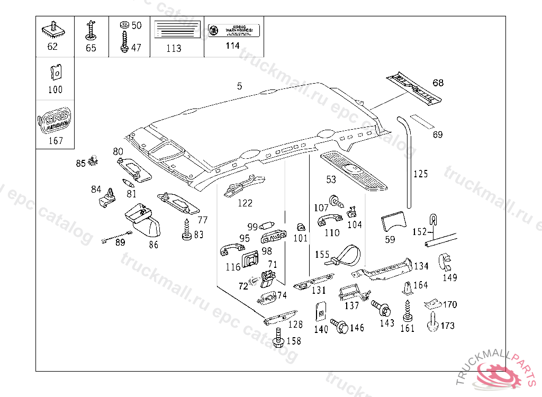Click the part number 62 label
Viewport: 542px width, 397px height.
coord(52,47)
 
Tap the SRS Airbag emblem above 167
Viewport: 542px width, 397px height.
coord(55,121)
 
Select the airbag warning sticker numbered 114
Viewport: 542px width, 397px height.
coord(233,30)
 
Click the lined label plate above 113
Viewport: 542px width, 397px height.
coord(177,29)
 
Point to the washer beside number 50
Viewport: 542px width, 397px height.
coord(124,25)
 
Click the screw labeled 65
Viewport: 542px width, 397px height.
coord(91,30)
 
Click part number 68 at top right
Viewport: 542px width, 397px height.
coord(438,83)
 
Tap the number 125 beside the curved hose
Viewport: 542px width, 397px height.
coord(420,174)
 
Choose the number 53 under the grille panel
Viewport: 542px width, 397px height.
coord(331,180)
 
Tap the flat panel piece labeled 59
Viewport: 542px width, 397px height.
coord(392,221)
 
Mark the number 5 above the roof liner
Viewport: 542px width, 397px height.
coord(240,86)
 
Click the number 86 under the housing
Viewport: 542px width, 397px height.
coord(153,245)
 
